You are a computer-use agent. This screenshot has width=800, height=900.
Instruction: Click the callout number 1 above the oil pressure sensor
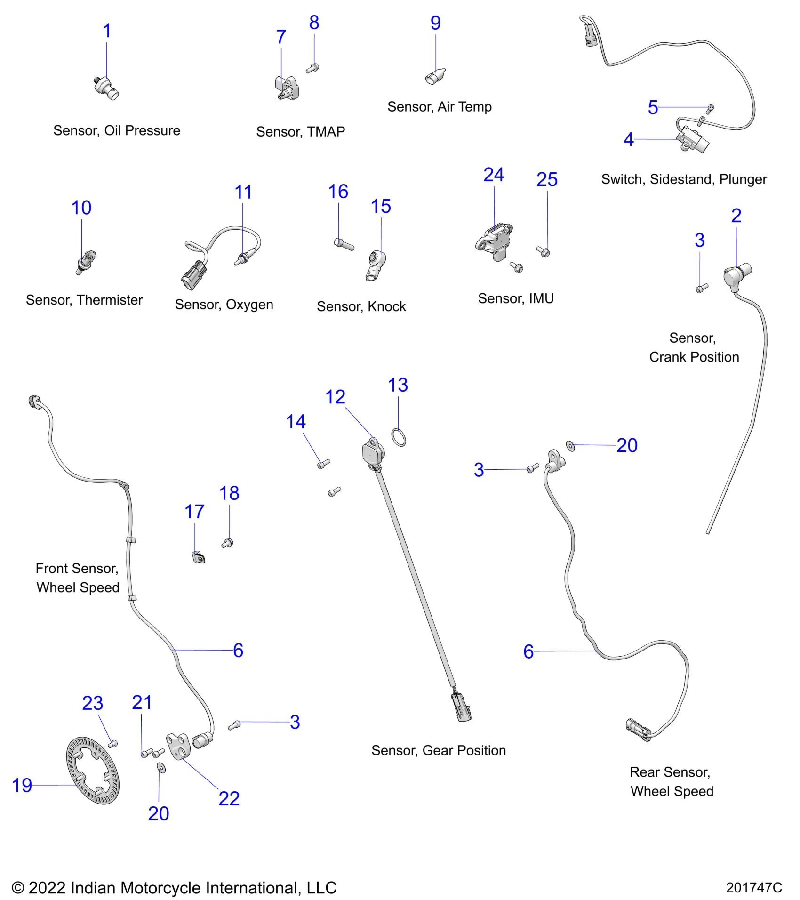point(107,32)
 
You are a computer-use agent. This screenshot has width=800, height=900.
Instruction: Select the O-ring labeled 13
point(399,437)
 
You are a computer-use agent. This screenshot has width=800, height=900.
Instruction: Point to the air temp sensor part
point(435,76)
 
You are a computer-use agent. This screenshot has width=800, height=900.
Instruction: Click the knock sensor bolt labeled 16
point(344,244)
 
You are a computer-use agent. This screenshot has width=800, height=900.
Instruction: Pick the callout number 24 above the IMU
point(494,175)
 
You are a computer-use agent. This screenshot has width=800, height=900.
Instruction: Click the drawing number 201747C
point(753,887)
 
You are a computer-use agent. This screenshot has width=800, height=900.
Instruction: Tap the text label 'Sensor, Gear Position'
point(438,750)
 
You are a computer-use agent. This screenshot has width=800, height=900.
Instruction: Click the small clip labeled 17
point(199,557)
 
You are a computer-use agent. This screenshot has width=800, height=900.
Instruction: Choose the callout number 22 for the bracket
point(229,798)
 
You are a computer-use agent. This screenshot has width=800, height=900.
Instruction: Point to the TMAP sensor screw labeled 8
point(312,68)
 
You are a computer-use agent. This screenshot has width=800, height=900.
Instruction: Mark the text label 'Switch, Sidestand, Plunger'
point(683,179)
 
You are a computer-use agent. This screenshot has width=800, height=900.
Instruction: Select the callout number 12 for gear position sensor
point(335,397)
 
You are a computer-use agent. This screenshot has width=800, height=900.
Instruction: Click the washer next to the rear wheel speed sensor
point(570,445)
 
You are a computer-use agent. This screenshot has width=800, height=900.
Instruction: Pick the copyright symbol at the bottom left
point(18,888)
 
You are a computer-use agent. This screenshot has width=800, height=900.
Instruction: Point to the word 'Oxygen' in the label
point(249,305)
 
